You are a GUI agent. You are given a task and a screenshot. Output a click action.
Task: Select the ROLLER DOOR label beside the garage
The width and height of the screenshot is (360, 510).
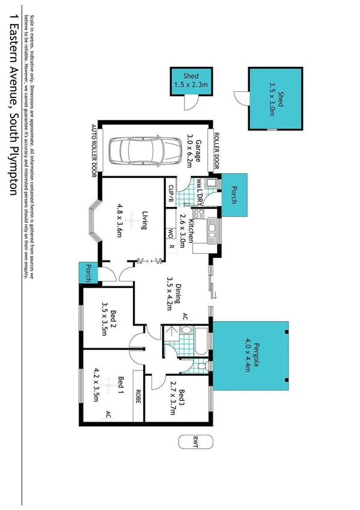[212, 150]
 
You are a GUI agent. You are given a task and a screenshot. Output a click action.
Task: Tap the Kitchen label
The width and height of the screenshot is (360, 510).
[192, 226]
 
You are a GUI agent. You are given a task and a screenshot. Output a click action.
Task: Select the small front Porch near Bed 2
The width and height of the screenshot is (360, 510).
[88, 272]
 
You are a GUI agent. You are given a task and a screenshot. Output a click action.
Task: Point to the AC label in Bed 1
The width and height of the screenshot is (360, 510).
[108, 414]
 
